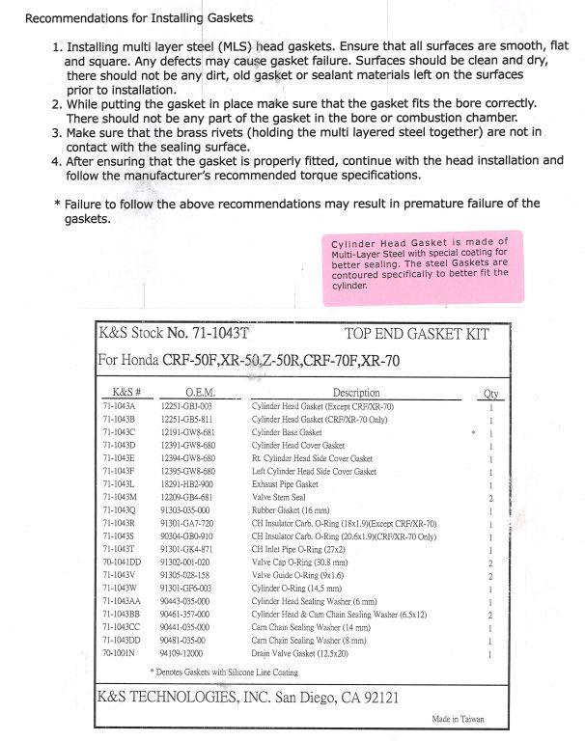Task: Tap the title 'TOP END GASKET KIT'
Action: point(416,335)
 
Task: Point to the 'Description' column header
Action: point(356,394)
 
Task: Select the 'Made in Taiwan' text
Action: point(458,719)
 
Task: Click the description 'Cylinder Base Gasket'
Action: point(287,433)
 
